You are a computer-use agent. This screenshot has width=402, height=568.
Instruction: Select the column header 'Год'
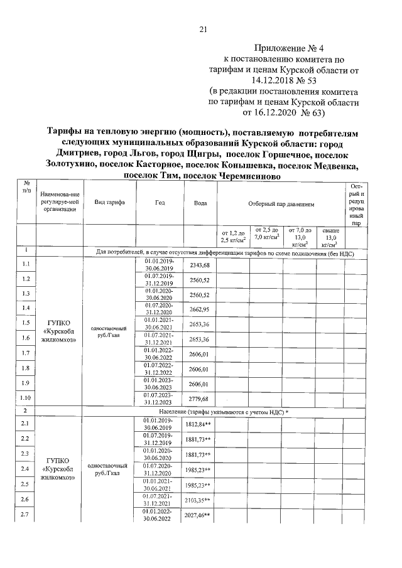pyautogui.click(x=160, y=203)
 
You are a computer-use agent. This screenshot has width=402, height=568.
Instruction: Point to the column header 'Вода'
pyautogui.click(x=200, y=203)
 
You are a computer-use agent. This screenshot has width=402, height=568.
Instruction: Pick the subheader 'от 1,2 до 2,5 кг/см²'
pyautogui.click(x=232, y=237)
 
